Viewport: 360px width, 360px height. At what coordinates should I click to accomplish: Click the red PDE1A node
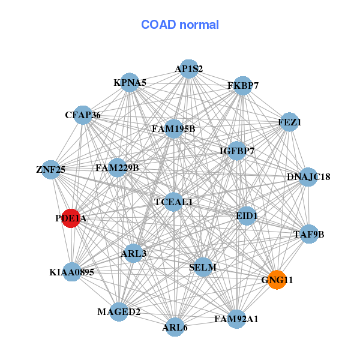(71, 219)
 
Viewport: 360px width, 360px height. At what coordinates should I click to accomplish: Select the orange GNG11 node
(276, 280)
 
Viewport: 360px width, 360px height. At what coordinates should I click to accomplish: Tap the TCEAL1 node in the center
(173, 202)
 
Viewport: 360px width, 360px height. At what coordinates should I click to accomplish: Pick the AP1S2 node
(189, 69)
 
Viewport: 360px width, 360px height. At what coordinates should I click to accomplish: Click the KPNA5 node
(130, 82)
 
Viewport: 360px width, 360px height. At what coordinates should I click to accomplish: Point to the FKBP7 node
(243, 86)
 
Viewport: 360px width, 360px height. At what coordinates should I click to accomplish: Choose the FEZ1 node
(289, 122)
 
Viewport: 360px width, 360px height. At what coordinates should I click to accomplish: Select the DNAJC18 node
(308, 177)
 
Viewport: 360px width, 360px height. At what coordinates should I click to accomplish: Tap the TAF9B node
(308, 234)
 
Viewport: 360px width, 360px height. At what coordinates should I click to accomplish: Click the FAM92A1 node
(236, 319)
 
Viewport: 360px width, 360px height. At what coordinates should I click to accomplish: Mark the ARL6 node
(175, 327)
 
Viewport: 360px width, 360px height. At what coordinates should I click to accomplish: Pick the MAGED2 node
(119, 312)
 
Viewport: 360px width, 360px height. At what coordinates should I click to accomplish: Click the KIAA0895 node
(72, 272)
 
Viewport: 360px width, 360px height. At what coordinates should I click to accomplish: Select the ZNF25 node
(51, 170)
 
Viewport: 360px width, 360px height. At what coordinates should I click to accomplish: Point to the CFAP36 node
(83, 115)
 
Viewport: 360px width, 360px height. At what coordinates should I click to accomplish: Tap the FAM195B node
(173, 128)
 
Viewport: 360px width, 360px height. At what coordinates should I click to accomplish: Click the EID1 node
(247, 215)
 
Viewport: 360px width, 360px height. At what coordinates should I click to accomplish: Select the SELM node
(203, 267)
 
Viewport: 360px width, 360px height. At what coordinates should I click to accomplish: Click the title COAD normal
(180, 25)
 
